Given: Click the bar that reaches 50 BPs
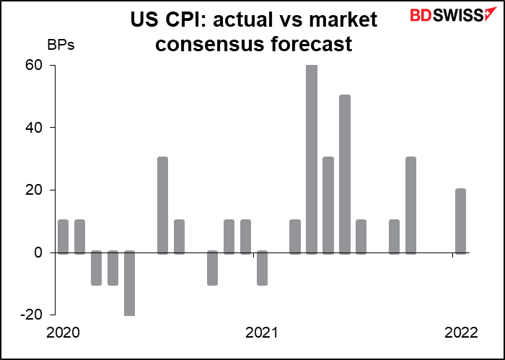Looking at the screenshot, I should click(344, 174).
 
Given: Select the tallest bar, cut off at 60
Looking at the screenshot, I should click(311, 159).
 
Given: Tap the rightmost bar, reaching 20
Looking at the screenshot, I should click(460, 221).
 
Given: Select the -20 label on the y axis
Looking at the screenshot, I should click(33, 315).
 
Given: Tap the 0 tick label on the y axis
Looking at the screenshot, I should click(40, 253).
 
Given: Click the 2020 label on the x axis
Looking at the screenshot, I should click(63, 333).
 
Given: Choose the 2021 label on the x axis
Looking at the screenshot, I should click(262, 333).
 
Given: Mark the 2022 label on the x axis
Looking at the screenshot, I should click(460, 333).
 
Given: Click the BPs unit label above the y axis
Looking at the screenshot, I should click(61, 45).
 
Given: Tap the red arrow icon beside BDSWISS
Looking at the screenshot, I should click(490, 14).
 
